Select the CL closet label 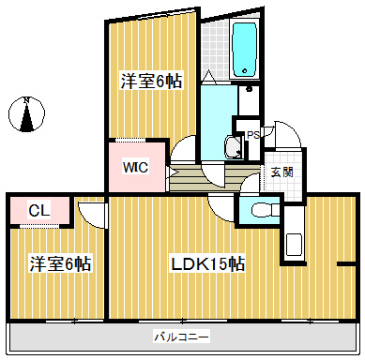pyautogui.click(x=38, y=210)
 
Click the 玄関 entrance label pyautogui.click(x=281, y=172)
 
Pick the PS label pyautogui.click(x=251, y=135)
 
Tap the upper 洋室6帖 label pyautogui.click(x=149, y=82)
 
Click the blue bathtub pyautogui.click(x=245, y=50)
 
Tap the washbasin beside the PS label pyautogui.click(x=232, y=145)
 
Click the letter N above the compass pyautogui.click(x=28, y=98)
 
